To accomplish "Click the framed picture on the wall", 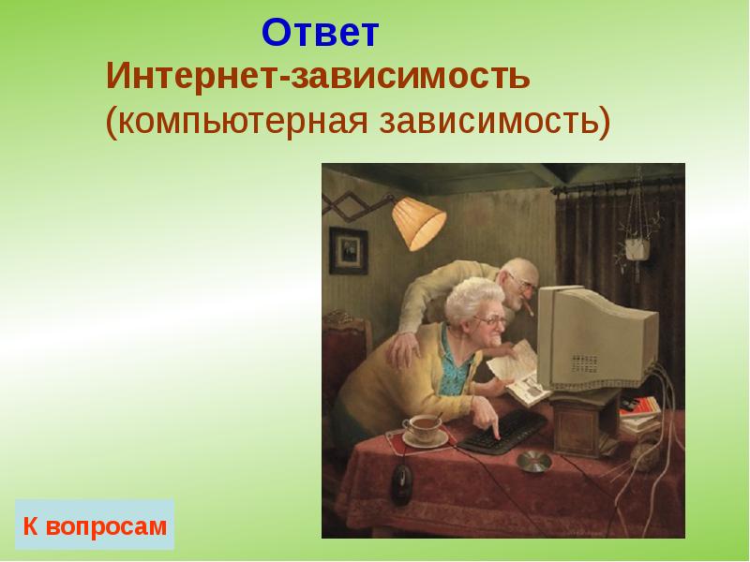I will pyautogui.click(x=349, y=249).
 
